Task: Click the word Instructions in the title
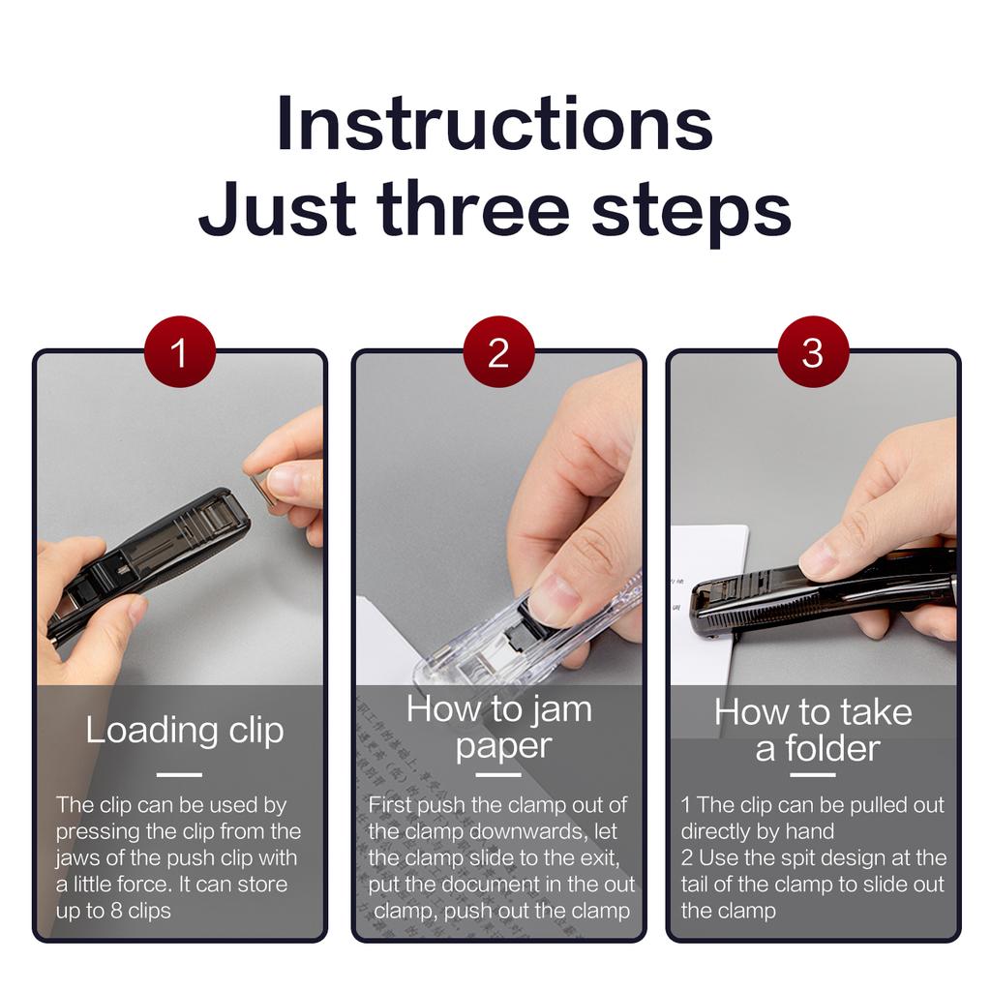click(495, 124)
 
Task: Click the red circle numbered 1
click(179, 352)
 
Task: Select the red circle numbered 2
click(497, 352)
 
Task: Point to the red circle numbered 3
click(813, 352)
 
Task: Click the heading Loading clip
click(184, 730)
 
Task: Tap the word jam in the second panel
click(560, 708)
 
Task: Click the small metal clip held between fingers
click(260, 488)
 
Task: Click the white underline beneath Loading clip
click(179, 774)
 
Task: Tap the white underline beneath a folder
click(813, 774)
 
